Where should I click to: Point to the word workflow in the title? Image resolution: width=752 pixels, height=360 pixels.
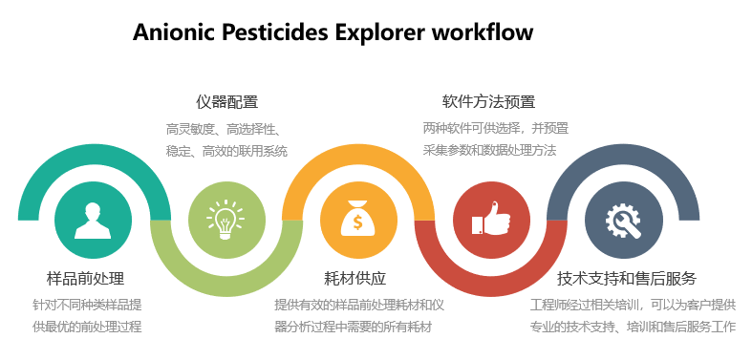tap(483, 32)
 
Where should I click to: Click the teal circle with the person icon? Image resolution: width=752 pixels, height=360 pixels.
tap(93, 221)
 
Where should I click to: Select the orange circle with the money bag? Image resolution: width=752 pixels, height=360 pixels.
tap(357, 221)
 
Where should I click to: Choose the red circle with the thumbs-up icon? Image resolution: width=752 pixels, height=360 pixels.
tap(490, 221)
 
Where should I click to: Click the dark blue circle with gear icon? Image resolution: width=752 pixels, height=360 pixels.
tap(622, 221)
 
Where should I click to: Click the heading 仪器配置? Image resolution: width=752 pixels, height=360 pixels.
tap(226, 102)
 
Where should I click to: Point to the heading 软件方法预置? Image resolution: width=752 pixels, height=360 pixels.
tap(488, 102)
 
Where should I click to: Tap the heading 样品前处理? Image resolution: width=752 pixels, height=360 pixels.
tap(85, 279)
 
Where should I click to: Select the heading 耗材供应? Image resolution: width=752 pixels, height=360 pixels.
tap(355, 279)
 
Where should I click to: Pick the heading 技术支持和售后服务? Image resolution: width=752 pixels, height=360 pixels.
tap(627, 279)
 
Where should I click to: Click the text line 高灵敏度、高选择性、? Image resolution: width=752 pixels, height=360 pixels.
tap(223, 129)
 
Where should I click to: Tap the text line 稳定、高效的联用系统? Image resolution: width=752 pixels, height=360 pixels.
tap(226, 151)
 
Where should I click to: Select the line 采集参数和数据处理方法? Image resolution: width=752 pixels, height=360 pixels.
tap(489, 150)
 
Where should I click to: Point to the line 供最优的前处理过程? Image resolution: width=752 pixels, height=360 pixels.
tap(86, 328)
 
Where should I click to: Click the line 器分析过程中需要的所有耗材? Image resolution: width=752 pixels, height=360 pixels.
tap(354, 328)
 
